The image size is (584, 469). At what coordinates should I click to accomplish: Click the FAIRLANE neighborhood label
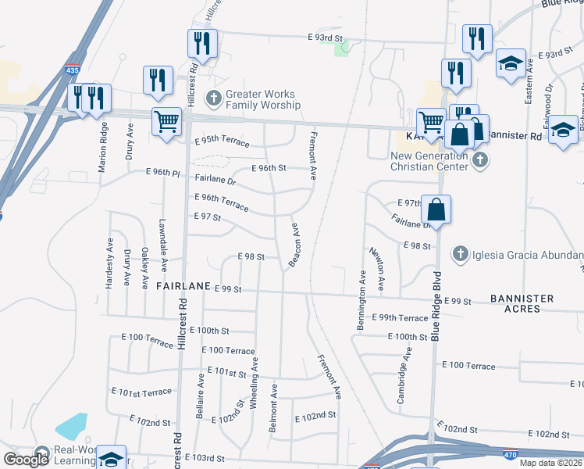pyautogui.click(x=183, y=287)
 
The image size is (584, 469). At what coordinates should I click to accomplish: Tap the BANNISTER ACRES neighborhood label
pyautogui.click(x=522, y=303)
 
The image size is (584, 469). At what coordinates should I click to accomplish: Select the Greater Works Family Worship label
pyautogui.click(x=263, y=99)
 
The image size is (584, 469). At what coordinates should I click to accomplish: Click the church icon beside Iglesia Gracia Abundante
pyautogui.click(x=461, y=254)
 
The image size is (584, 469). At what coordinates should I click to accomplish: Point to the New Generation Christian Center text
pyautogui.click(x=429, y=160)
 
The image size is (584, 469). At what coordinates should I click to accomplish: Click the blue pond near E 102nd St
pyautogui.click(x=71, y=425)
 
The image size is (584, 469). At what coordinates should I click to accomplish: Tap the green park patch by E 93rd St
pyautogui.click(x=341, y=48)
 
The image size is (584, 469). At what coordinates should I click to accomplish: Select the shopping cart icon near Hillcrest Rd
pyautogui.click(x=166, y=122)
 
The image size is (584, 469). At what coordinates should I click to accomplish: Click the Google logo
pyautogui.click(x=26, y=460)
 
